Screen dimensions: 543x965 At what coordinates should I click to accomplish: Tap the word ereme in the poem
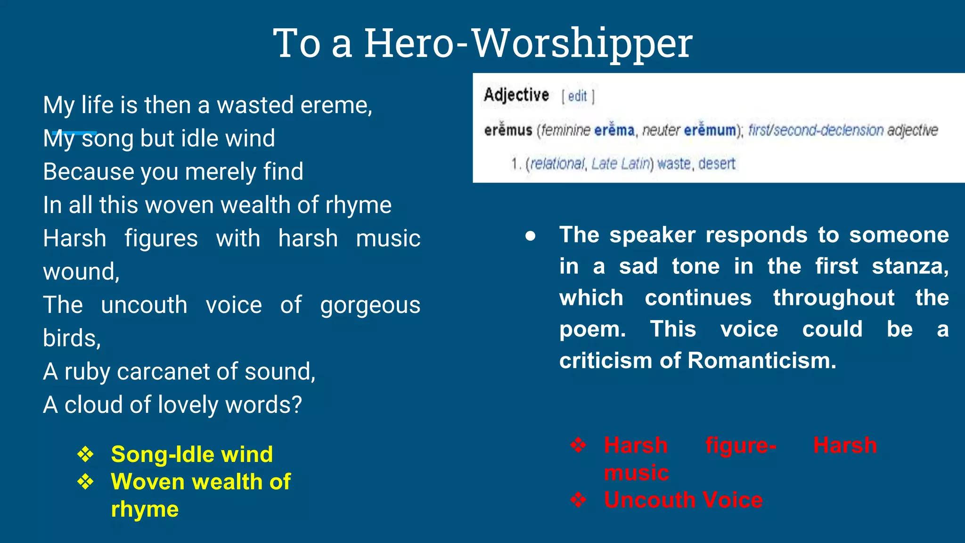pos(335,105)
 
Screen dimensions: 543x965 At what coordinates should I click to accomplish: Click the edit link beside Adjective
pos(577,96)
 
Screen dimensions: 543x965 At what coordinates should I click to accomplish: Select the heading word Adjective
pos(516,95)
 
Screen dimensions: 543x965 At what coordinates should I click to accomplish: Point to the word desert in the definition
pos(717,164)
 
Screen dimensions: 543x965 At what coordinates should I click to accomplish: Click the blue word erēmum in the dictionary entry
pos(710,130)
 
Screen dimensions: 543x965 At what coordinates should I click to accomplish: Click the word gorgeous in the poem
pos(370,305)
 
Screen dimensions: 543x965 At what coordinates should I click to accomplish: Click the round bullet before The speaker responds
pos(531,236)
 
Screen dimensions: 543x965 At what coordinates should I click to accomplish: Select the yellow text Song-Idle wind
pos(192,454)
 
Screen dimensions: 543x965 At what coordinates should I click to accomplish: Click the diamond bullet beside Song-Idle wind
pos(85,454)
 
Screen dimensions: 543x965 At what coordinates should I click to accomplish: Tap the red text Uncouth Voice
pos(683,500)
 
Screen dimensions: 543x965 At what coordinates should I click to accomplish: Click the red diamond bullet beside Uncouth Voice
pos(578,500)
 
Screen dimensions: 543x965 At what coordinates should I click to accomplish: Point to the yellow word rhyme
pos(145,509)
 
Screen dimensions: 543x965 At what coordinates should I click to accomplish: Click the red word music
pos(636,472)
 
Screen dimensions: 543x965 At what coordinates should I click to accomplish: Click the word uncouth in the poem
pos(144,305)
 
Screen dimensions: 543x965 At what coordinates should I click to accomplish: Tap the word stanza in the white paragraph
pos(909,266)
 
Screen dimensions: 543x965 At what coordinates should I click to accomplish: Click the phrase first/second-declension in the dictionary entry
pos(816,130)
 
